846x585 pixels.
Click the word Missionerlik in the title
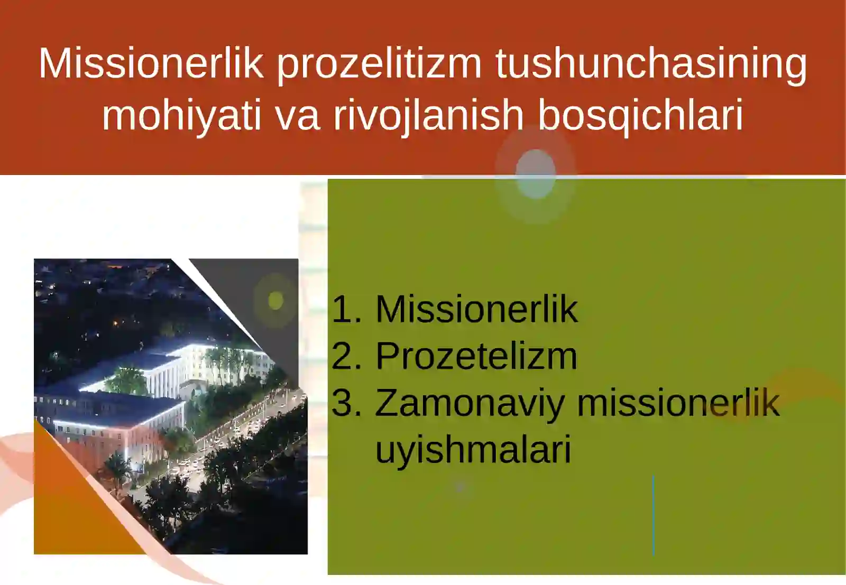(151, 64)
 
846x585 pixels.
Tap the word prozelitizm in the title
(379, 64)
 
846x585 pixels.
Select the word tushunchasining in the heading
(651, 64)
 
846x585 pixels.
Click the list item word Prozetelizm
(476, 356)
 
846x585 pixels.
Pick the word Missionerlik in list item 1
(476, 309)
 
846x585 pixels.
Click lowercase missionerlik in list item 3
(678, 403)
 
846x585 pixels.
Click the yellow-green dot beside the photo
(275, 301)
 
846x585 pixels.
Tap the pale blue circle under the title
(535, 173)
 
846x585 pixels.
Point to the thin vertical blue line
(654, 515)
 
